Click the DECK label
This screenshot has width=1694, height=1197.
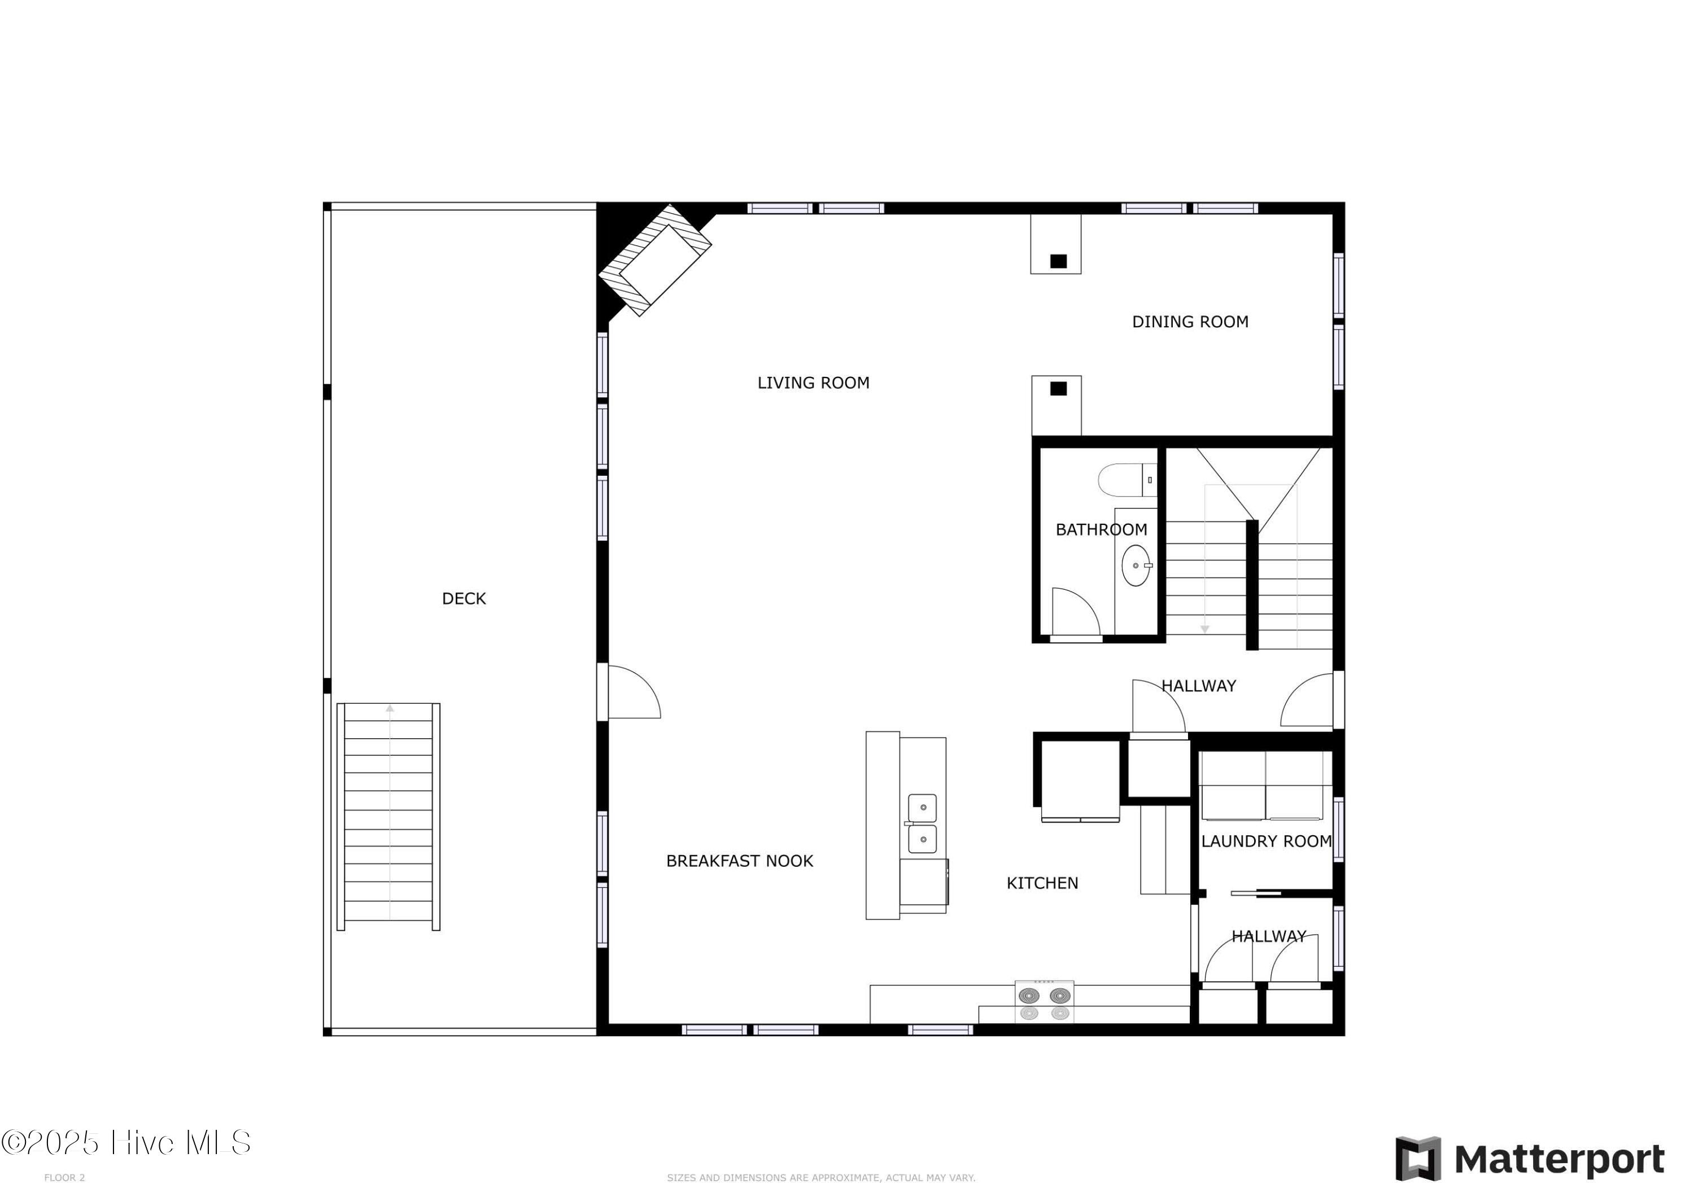pos(464,599)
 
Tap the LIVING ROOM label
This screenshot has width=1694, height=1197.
pos(813,383)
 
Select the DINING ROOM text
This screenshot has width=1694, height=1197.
pos(1190,322)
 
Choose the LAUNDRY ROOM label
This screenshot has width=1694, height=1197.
pos(1266,841)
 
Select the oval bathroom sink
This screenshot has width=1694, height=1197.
pos(1136,565)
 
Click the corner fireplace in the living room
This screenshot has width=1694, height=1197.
pos(654,260)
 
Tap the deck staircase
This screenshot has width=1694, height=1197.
pos(389,817)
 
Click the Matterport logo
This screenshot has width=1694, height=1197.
pos(1530,1159)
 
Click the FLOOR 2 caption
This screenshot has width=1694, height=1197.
pos(65,1178)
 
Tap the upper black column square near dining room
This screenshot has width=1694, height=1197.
pos(1059,261)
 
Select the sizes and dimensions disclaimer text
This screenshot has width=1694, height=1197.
pos(820,1178)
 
